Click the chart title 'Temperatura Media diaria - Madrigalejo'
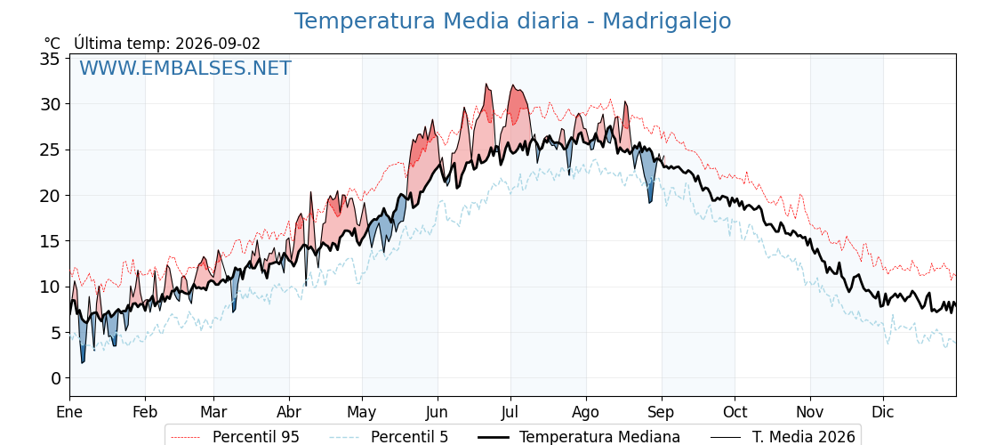pos(512,21)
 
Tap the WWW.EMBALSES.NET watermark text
pos(186,68)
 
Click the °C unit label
pos(52,44)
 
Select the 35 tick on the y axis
pos(50,59)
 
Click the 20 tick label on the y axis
pos(50,196)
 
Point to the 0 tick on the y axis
pos(55,378)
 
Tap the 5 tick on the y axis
pos(55,333)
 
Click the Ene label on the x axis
pos(70,413)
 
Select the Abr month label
pos(289,413)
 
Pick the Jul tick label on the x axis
pos(510,413)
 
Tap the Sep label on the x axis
pos(662,413)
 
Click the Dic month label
pos(883,413)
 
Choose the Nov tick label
pos(810,413)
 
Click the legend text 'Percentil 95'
pos(255,437)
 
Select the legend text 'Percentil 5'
pos(409,437)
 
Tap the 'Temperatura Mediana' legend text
pos(599,437)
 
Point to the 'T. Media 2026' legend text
pos(804,437)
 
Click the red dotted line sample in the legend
pos(188,437)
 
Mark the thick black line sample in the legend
pos(494,437)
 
